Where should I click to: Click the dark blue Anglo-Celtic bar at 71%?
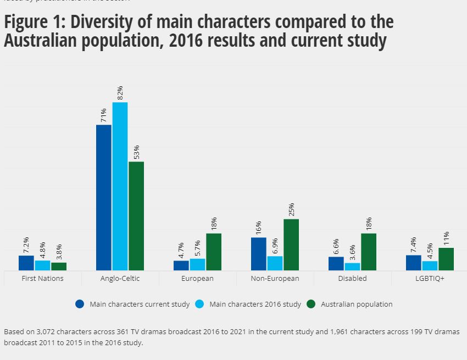point(104,197)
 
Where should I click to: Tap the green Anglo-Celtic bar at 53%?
point(136,215)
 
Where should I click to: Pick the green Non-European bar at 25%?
point(291,245)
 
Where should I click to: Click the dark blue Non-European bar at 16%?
point(259,253)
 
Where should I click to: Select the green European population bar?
point(214,252)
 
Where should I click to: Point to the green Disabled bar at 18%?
point(369,252)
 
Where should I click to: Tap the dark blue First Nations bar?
point(26,263)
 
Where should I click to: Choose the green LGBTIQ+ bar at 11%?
point(446,259)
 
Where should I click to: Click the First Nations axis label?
point(42,279)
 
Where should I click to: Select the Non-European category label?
point(275,279)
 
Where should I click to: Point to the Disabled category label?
point(352,279)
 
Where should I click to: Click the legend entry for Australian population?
point(357,304)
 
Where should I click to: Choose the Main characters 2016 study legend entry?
point(255,304)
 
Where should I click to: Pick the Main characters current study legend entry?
point(140,304)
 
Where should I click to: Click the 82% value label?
point(120,92)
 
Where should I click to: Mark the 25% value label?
point(291,209)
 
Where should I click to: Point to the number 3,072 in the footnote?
point(47,332)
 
